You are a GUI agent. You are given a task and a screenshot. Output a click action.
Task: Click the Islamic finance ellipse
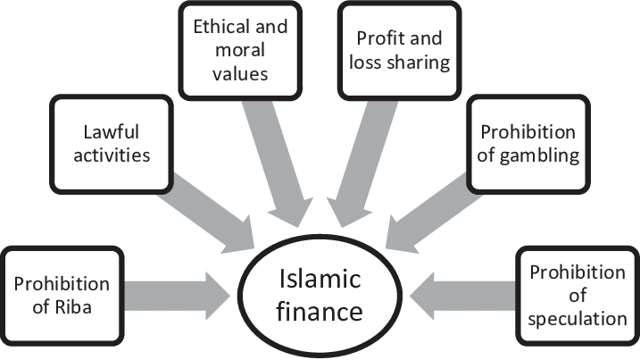319,295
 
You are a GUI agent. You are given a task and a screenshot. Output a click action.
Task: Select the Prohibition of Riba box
62,296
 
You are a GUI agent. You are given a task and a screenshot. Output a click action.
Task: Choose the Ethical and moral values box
240,50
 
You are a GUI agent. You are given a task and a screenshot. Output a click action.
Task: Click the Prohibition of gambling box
528,144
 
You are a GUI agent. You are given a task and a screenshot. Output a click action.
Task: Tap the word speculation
578,318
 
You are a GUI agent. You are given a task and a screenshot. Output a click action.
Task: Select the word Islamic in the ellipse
319,280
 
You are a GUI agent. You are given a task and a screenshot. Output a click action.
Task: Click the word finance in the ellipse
319,312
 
